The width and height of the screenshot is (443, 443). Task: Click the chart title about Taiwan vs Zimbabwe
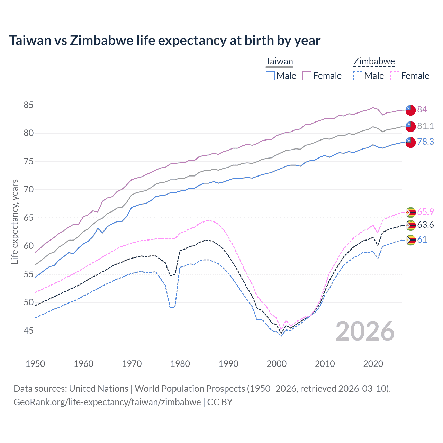pyautogui.click(x=165, y=40)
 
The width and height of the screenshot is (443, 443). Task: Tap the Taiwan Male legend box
pyautogui.click(x=270, y=76)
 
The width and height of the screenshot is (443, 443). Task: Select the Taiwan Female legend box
pyautogui.click(x=307, y=76)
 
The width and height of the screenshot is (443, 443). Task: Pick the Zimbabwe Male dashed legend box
pyautogui.click(x=358, y=76)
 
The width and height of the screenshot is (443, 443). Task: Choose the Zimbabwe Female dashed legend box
pyautogui.click(x=395, y=76)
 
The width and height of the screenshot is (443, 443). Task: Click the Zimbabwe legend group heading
pyautogui.click(x=374, y=62)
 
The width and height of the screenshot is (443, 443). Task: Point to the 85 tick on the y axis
pyautogui.click(x=29, y=105)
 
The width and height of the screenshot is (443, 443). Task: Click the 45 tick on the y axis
pyautogui.click(x=29, y=331)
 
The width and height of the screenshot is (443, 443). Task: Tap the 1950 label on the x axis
pyautogui.click(x=35, y=364)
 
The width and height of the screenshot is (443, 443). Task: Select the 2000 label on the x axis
pyautogui.click(x=277, y=364)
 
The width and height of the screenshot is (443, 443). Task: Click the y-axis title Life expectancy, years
pyautogui.click(x=15, y=221)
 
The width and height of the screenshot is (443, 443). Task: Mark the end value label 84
pyautogui.click(x=422, y=109)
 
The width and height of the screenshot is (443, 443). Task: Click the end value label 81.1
pyautogui.click(x=425, y=126)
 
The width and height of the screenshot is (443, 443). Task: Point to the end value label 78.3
pyautogui.click(x=425, y=142)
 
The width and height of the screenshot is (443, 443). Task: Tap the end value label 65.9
pyautogui.click(x=425, y=212)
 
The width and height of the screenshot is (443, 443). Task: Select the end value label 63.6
pyautogui.click(x=425, y=225)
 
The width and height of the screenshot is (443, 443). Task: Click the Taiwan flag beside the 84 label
pyautogui.click(x=410, y=109)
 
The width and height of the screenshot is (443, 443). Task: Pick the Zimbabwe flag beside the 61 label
pyautogui.click(x=410, y=240)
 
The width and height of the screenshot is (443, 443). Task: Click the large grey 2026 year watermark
pyautogui.click(x=365, y=331)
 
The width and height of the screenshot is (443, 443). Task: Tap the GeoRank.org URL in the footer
pyautogui.click(x=107, y=402)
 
